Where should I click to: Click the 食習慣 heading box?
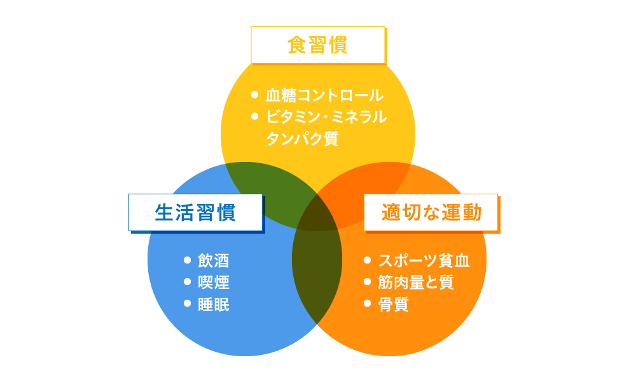point(318,45)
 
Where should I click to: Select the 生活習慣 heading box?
point(195,212)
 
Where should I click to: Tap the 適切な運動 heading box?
point(431,212)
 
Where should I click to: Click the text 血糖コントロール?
point(324,95)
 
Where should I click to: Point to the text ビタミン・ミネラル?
point(326,117)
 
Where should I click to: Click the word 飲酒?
point(214,260)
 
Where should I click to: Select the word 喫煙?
point(214,282)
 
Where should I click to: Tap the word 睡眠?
point(214,304)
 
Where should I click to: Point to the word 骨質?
point(393,304)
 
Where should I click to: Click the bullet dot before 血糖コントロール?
point(255,95)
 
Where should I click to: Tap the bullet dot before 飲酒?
point(187,260)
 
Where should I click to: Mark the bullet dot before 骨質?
point(367,304)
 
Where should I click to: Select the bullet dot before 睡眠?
point(187,304)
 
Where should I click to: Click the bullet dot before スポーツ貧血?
point(367,260)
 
